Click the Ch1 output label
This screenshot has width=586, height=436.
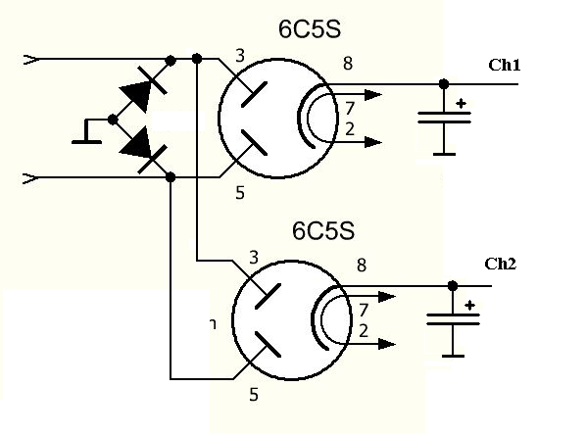coord(504,65)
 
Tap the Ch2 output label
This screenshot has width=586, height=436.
coord(501,264)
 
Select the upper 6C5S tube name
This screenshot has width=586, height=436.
coord(310,29)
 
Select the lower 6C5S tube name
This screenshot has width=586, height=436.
coord(323,230)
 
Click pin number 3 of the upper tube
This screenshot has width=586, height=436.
coord(240,56)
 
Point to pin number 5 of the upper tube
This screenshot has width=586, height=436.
coord(240,193)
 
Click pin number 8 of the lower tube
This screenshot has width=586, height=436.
coord(362,265)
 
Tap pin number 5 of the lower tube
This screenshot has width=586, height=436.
coord(254,394)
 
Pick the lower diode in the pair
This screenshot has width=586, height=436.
coord(141,150)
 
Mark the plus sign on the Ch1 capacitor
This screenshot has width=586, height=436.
coord(462,104)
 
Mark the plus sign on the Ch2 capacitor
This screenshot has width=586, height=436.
coord(470,306)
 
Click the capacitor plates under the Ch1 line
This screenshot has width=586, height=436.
coord(444,118)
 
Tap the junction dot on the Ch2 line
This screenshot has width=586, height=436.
coord(453,286)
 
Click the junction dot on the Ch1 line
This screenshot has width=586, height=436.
coord(444,84)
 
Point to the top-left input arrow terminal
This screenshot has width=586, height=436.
coord(30,60)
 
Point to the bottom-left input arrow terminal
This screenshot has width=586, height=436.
coord(30,178)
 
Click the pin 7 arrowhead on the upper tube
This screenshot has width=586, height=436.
coord(373,95)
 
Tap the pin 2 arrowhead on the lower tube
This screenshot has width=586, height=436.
coord(387,344)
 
